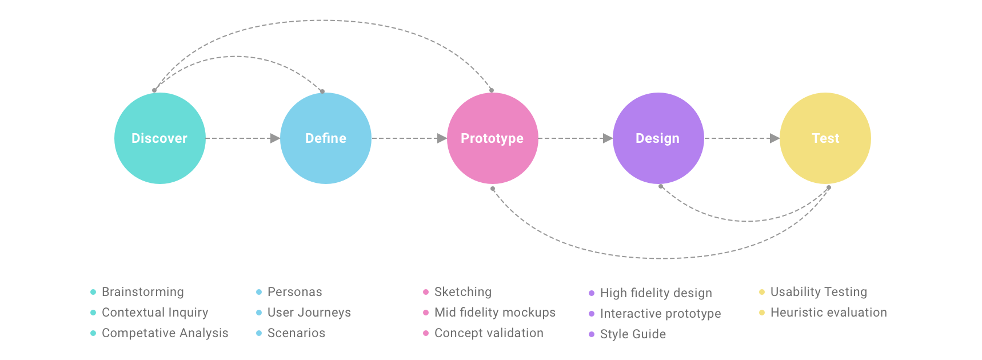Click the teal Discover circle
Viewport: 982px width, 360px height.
[x=160, y=138]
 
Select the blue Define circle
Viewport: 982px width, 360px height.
[x=326, y=138]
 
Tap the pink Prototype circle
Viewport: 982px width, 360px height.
[x=493, y=138]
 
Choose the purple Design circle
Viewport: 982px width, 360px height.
[x=658, y=138]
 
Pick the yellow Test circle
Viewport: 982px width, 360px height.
[x=825, y=138]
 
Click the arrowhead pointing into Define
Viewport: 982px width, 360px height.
[x=275, y=138]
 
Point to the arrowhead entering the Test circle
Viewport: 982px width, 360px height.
[x=775, y=138]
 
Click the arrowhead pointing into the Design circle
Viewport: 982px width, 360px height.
[x=608, y=138]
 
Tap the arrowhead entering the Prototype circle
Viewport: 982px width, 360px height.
[x=442, y=138]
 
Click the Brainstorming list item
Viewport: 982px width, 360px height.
[x=143, y=292]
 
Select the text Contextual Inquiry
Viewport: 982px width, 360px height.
[x=155, y=313]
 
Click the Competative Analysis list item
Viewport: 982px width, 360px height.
[x=165, y=333]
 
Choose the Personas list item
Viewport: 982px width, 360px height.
[x=295, y=292]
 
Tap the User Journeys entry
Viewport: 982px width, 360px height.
[x=309, y=313]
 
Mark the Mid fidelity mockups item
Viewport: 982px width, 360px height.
[x=495, y=313]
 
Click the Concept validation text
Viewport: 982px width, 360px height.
[x=489, y=333]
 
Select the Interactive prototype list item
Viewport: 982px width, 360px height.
[x=661, y=314]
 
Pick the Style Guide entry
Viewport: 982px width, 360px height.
[x=633, y=334]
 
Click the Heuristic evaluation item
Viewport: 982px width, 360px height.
[x=829, y=313]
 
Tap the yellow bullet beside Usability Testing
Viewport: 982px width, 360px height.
[x=762, y=292]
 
